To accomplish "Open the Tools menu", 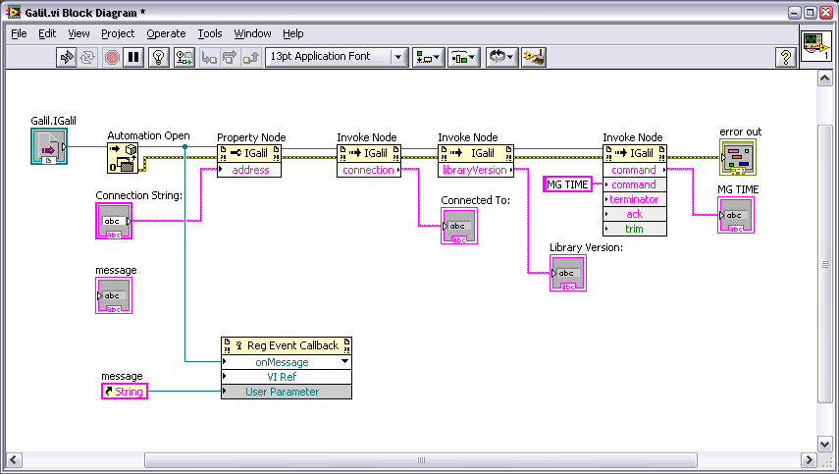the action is coord(210,33).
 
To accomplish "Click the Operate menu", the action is coord(166,33).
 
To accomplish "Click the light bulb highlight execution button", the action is coord(158,57).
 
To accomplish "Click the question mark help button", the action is coord(785,57).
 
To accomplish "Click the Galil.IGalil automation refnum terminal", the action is coord(49,146).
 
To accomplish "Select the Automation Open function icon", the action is coord(123,158).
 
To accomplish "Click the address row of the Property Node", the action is coord(249,170).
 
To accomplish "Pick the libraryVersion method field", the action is coord(476,170).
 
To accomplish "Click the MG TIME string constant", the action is coord(567,184).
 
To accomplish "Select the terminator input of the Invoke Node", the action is coord(635,199).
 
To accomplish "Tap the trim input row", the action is coord(635,229).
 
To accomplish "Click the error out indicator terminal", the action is coord(738,157).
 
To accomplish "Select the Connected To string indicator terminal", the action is coord(459,226).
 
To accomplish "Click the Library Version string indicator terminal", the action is coord(568,273).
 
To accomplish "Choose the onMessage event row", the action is coord(287,362).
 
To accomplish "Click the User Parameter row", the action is coord(287,392).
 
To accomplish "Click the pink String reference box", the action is coord(125,392).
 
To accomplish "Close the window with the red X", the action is coord(825,13).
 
